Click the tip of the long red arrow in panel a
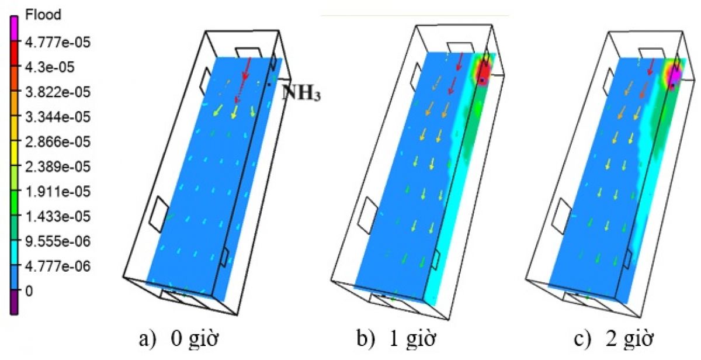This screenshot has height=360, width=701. (235, 103)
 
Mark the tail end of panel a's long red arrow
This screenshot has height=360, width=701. (251, 58)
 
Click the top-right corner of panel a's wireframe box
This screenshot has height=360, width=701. (278, 30)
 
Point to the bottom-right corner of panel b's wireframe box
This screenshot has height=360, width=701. (449, 320)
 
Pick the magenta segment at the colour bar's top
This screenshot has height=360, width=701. (14, 28)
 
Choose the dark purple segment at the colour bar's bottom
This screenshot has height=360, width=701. (14, 302)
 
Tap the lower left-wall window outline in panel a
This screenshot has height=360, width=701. (159, 214)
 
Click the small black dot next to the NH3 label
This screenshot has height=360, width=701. (269, 85)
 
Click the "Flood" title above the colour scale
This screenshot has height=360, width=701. (43, 15)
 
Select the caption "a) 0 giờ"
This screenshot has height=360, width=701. (179, 339)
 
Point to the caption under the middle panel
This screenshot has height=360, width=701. (396, 339)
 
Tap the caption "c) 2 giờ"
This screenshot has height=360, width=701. (614, 339)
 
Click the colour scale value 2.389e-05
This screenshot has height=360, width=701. (58, 166)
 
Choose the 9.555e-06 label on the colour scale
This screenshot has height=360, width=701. (58, 241)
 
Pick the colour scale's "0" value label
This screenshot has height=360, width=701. (29, 291)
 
